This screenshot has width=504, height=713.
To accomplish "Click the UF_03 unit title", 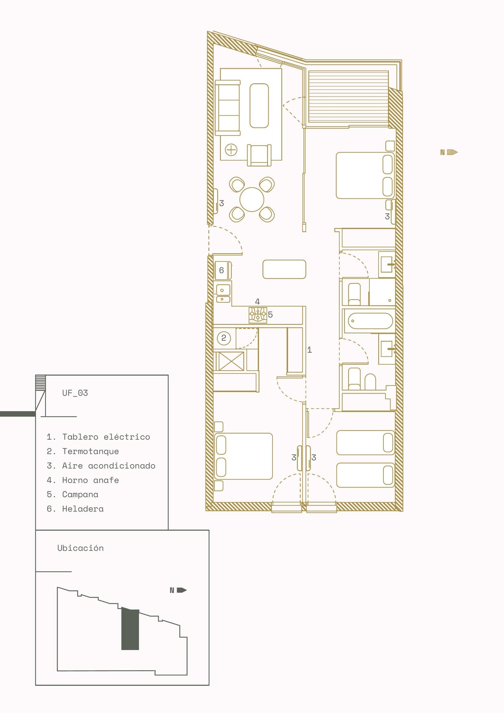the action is [75, 393].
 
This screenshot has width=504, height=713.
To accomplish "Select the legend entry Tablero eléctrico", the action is [98, 437].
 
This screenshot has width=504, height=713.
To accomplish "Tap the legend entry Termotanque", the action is [83, 451].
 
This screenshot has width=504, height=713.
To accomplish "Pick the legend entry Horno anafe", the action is [83, 480].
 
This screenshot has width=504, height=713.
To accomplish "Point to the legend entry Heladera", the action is [75, 509].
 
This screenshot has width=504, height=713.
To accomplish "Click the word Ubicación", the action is [81, 548].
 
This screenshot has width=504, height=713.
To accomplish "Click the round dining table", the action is [252, 199].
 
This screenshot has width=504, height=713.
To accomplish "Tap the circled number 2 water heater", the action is [224, 338].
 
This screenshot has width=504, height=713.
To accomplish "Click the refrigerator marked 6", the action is [222, 270].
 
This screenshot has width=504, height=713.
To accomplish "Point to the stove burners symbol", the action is [258, 315].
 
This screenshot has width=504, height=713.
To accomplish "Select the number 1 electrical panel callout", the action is [310, 350].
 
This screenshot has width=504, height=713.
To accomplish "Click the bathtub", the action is [370, 321].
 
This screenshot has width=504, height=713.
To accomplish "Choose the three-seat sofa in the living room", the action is [228, 108].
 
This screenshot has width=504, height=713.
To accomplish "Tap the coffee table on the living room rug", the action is [259, 105].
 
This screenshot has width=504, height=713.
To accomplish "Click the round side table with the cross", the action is [231, 150].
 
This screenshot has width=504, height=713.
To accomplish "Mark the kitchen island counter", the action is [284, 269].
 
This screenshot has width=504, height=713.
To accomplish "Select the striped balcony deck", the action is [348, 97].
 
